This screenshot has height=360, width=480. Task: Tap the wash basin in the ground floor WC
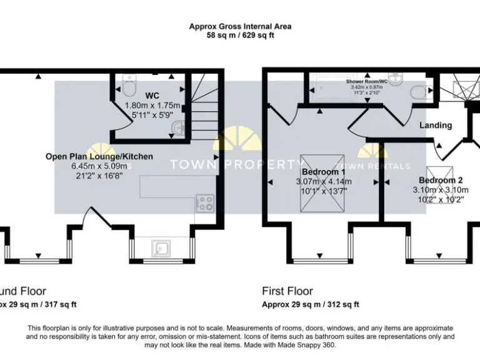[178, 128]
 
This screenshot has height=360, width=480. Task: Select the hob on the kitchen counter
[205, 202]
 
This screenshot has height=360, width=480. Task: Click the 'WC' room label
[152, 96]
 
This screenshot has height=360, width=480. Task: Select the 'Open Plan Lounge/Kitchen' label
[99, 156]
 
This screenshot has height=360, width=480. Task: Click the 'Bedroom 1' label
[323, 172]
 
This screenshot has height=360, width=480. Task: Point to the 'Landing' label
[436, 125]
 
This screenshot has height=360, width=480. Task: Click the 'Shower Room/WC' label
[367, 82]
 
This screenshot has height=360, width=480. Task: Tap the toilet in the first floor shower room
[417, 92]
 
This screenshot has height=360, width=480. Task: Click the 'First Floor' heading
[287, 291]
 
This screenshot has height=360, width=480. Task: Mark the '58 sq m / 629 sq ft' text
[240, 36]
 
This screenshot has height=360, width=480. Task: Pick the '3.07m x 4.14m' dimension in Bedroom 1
[324, 182]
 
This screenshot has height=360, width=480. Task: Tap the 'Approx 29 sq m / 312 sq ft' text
[310, 304]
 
